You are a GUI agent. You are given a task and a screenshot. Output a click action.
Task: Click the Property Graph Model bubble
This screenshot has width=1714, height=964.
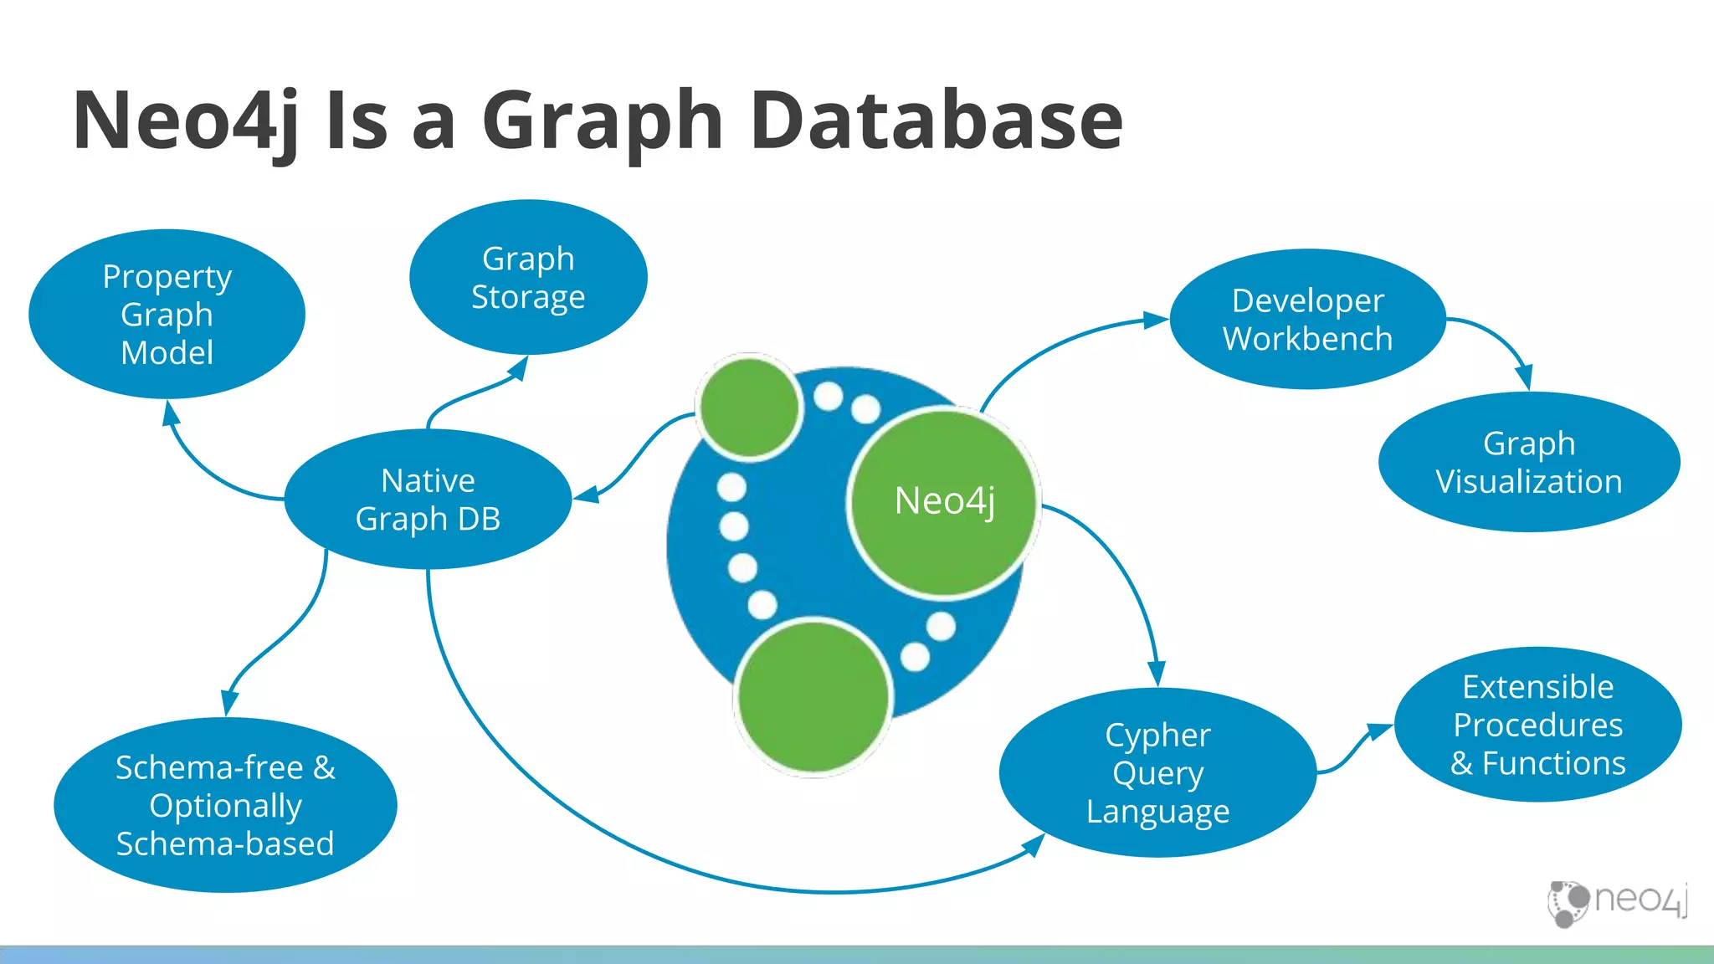pyautogui.click(x=167, y=314)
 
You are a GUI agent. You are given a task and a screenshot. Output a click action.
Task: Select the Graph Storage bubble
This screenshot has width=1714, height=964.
pyautogui.click(x=528, y=277)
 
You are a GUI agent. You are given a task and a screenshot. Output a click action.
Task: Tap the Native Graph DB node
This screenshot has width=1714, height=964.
pyautogui.click(x=428, y=500)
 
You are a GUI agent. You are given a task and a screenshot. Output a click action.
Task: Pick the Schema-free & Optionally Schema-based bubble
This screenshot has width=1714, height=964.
pyautogui.click(x=225, y=805)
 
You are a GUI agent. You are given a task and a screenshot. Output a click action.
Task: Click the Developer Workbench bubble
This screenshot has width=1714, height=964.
pyautogui.click(x=1307, y=319)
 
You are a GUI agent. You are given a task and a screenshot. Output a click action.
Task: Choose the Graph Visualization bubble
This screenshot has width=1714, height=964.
pyautogui.click(x=1529, y=462)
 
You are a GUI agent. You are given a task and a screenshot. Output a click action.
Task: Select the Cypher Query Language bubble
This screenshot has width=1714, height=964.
pyautogui.click(x=1157, y=772)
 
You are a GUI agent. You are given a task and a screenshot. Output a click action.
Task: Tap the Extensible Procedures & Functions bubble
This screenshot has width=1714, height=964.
pyautogui.click(x=1537, y=725)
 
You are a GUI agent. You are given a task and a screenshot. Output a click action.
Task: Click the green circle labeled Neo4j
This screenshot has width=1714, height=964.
pyautogui.click(x=944, y=502)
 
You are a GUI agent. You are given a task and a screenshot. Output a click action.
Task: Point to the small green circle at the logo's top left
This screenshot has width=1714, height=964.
pyautogui.click(x=749, y=407)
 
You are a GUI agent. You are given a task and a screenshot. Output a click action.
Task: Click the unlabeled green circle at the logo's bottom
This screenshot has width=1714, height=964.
pyautogui.click(x=813, y=696)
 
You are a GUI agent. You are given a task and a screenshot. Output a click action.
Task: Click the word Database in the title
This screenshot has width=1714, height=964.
pyautogui.click(x=936, y=120)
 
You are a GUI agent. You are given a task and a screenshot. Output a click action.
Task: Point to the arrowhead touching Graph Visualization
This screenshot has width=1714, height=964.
pyautogui.click(x=1525, y=378)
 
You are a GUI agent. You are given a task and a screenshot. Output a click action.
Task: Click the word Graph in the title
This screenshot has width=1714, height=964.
pyautogui.click(x=603, y=122)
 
